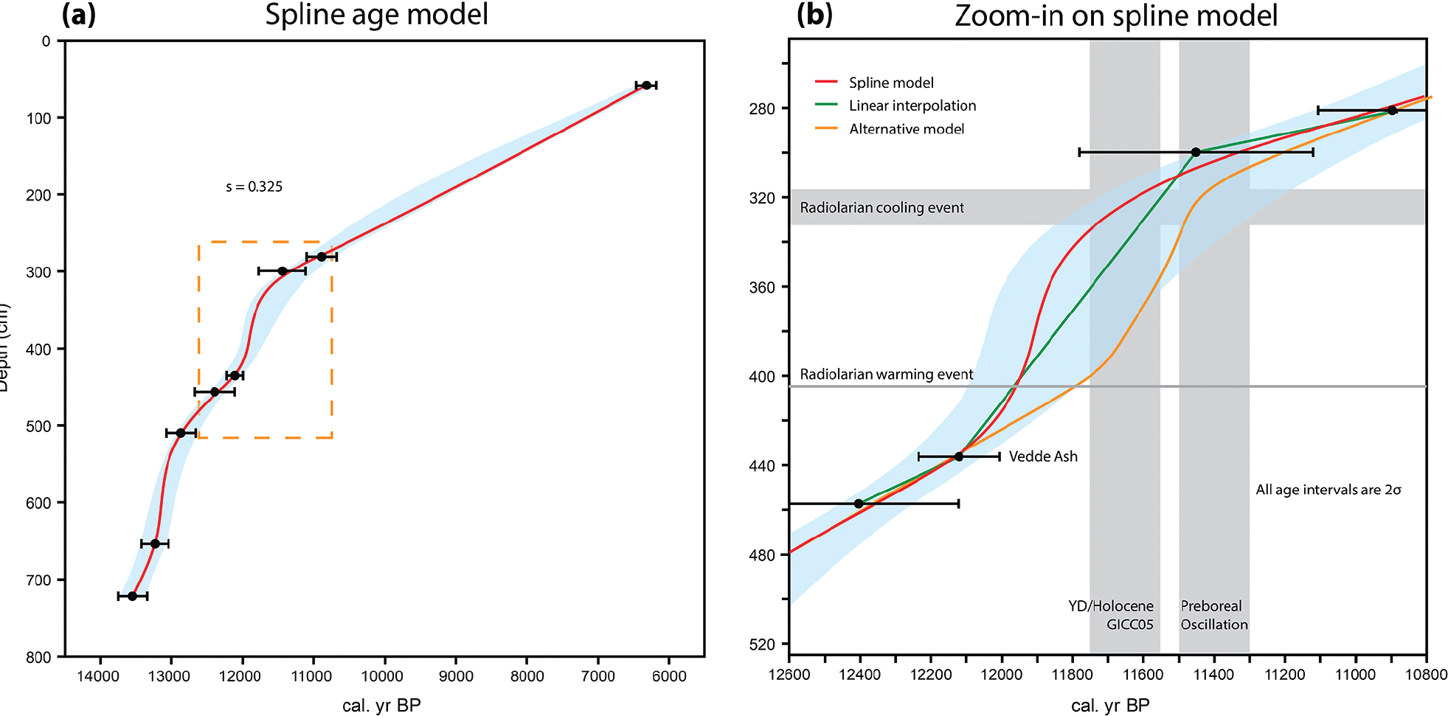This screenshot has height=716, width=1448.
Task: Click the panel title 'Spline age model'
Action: pos(376,15)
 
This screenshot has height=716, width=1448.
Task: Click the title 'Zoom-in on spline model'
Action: pos(1115,15)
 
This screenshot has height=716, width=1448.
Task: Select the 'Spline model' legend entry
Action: pos(890,83)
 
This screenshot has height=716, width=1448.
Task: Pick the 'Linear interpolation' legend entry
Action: pos(912,105)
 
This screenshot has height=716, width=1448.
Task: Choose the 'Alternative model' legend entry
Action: pos(906,129)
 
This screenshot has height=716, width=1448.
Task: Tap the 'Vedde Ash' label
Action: pos(1042,456)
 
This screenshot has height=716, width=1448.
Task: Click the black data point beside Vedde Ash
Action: pos(959,456)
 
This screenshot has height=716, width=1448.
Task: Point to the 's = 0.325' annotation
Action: pos(254,187)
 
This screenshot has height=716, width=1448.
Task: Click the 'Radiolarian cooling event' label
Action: pos(881,208)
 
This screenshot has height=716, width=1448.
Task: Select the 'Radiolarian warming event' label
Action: pos(886,375)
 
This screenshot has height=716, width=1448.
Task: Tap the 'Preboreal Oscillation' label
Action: pos(1213,615)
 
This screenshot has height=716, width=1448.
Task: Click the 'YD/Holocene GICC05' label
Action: pos(1111,615)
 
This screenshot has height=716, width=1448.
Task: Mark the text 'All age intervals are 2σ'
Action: pos(1328,490)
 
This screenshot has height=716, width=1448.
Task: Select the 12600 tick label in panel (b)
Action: pos(789,675)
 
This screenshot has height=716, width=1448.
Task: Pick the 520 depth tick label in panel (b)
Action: pos(763,644)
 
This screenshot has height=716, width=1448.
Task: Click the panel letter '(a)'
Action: pos(79,15)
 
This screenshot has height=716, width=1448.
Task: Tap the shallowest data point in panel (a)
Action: pos(646,86)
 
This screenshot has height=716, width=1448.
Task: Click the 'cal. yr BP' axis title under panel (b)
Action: pos(1109,706)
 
